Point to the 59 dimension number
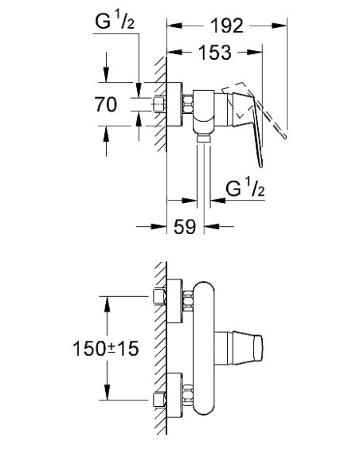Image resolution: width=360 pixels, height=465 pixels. tap(184, 227)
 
